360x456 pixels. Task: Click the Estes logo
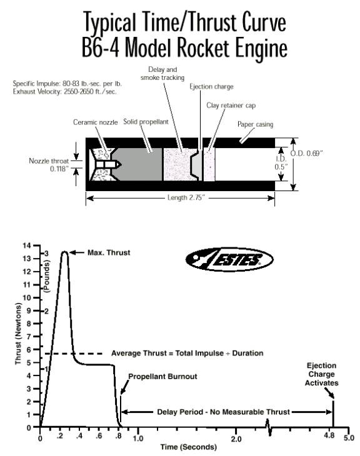[229, 260]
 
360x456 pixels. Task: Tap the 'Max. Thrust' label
[109, 252]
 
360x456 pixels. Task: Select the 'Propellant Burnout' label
[162, 376]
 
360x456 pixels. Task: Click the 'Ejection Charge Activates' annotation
[322, 374]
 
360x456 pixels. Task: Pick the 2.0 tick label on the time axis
[236, 439]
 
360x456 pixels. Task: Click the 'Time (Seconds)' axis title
[189, 447]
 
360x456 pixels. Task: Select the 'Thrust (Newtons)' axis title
[18, 334]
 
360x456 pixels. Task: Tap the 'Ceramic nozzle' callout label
[96, 122]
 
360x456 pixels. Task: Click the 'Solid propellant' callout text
[146, 122]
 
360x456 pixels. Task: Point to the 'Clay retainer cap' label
[231, 106]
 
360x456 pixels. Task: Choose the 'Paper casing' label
[255, 124]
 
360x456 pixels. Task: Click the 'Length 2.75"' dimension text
[186, 198]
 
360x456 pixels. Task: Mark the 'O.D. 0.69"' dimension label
[307, 153]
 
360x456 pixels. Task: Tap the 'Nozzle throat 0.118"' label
[49, 165]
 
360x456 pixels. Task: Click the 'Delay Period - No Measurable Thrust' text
[224, 412]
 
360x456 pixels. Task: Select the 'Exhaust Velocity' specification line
[64, 92]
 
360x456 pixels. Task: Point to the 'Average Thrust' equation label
[187, 353]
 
